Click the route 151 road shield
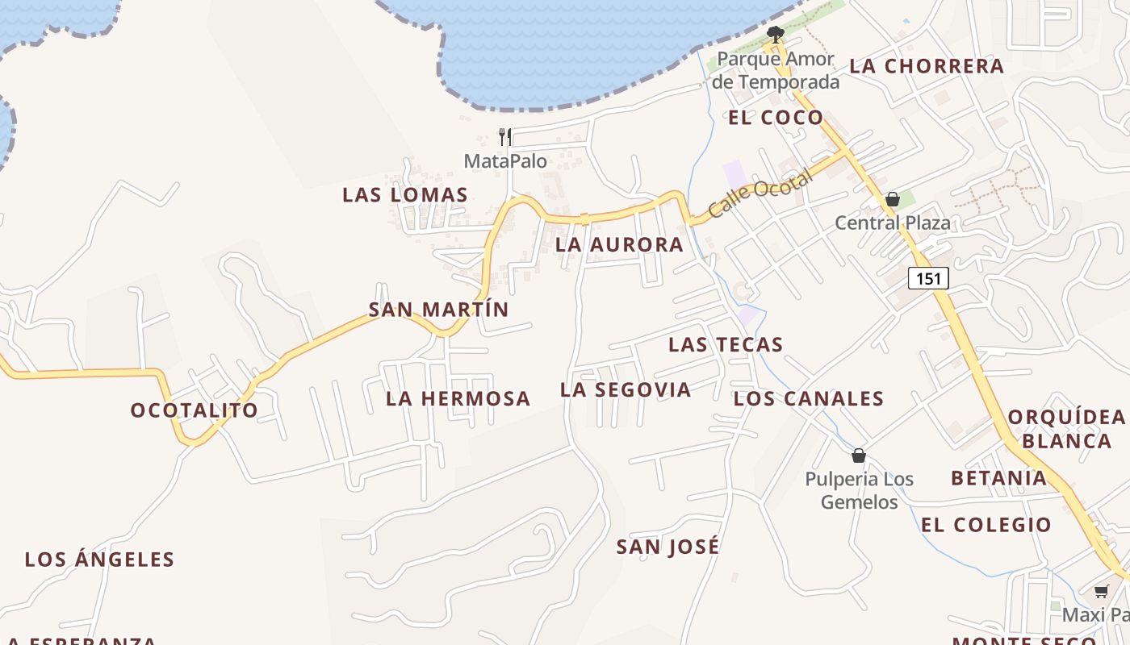pyautogui.click(x=928, y=278)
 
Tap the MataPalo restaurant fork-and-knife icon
pyautogui.click(x=505, y=136)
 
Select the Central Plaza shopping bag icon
pyautogui.click(x=893, y=199)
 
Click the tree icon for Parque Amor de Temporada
pyautogui.click(x=776, y=34)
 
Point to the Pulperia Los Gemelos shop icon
pyautogui.click(x=859, y=456)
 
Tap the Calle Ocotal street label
pyautogui.click(x=760, y=195)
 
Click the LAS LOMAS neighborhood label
pyautogui.click(x=405, y=194)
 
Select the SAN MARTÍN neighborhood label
pyautogui.click(x=439, y=310)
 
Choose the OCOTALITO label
pyautogui.click(x=195, y=410)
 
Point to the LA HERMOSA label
pyautogui.click(x=458, y=398)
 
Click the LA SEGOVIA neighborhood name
pyautogui.click(x=626, y=390)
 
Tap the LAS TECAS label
pyautogui.click(x=726, y=345)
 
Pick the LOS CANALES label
pyautogui.click(x=809, y=398)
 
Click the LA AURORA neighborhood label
pyautogui.click(x=620, y=245)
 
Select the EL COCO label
pyautogui.click(x=776, y=118)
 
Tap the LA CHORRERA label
pyautogui.click(x=927, y=66)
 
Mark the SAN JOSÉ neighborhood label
pyautogui.click(x=668, y=547)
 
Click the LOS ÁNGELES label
pyautogui.click(x=99, y=560)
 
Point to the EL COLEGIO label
pyautogui.click(x=986, y=525)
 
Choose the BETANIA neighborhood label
pyautogui.click(x=998, y=478)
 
